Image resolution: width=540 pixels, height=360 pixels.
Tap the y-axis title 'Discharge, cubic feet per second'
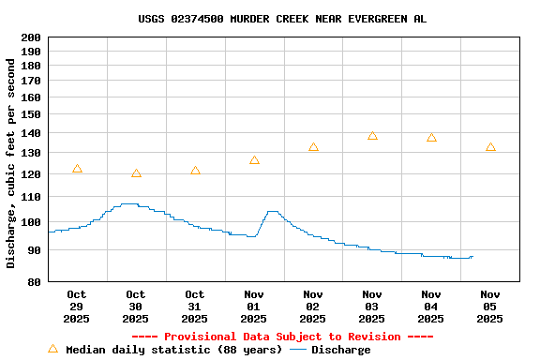[x=11, y=164]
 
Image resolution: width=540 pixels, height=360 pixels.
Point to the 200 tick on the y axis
[x=31, y=37]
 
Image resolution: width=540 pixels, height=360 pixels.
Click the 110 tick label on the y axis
[x=31, y=197]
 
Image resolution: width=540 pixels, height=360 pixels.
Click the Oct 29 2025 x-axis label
[x=77, y=307]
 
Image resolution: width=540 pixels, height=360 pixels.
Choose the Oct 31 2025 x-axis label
[x=195, y=307]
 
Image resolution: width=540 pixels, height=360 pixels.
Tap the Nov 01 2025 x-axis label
[x=254, y=307]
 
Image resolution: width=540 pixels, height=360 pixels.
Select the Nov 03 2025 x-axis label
[x=372, y=307]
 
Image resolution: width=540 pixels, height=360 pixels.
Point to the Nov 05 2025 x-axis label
[x=490, y=307]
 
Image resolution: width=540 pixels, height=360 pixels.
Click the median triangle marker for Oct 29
[x=77, y=169]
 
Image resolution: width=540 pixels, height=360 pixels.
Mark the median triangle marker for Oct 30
[x=136, y=173]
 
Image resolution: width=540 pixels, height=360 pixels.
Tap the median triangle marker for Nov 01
[x=254, y=160]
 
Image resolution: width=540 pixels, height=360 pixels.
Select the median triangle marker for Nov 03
[x=372, y=136]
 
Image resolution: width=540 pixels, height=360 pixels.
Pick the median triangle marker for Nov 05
[x=490, y=147]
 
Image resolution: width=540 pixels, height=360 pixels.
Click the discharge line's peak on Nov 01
[x=272, y=212]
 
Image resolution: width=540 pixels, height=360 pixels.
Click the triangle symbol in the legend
[x=53, y=349]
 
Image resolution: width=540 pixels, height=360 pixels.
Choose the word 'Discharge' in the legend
[x=340, y=350]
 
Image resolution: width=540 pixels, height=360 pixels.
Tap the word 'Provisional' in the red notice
[x=200, y=337]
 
